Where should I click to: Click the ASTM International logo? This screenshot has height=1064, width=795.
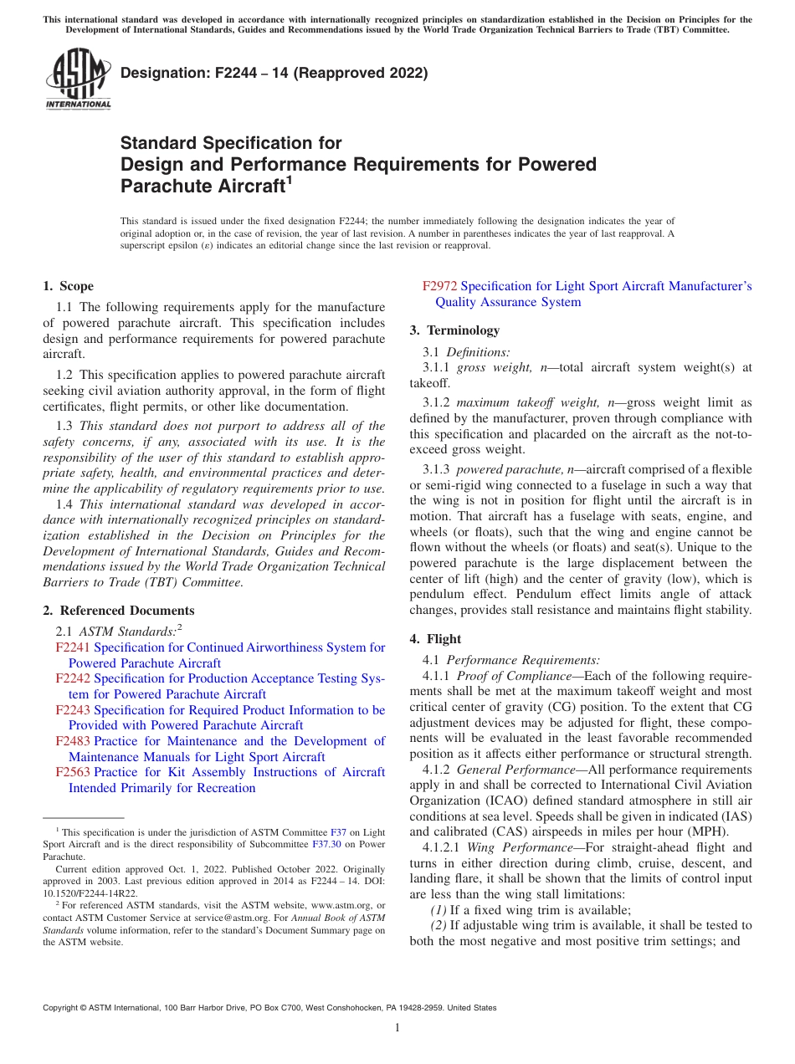pyautogui.click(x=78, y=79)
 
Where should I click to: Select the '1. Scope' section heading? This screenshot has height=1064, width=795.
pyautogui.click(x=69, y=286)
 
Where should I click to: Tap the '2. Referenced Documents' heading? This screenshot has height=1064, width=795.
pyautogui.click(x=119, y=611)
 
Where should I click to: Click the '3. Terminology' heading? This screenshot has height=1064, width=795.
pyautogui.click(x=454, y=330)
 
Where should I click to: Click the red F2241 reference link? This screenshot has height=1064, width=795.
pyautogui.click(x=73, y=647)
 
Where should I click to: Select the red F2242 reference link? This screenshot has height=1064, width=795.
pyautogui.click(x=73, y=678)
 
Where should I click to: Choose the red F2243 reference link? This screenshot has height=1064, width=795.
pyautogui.click(x=73, y=710)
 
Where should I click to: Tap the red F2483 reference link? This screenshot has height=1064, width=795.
pyautogui.click(x=73, y=741)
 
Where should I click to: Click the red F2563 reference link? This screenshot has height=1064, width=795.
pyautogui.click(x=73, y=772)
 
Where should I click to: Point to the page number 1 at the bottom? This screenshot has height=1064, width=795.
pyautogui.click(x=397, y=1028)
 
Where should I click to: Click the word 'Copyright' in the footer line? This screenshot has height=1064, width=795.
pyautogui.click(x=62, y=1008)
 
